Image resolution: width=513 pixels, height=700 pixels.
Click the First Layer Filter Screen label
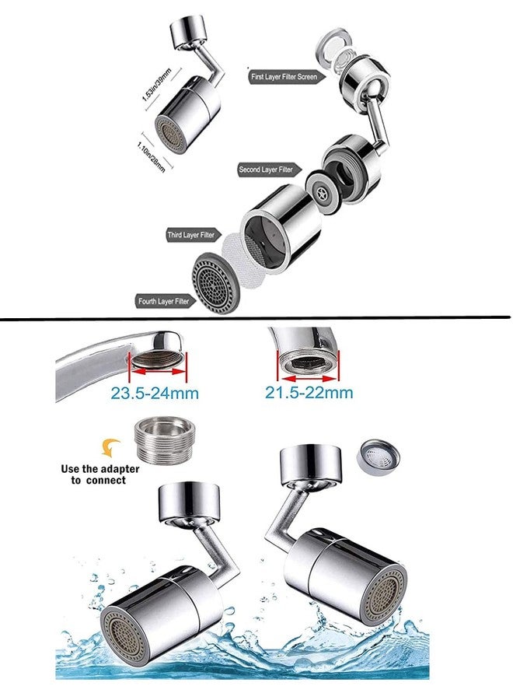(284, 78)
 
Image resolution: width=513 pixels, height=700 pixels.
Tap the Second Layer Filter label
(267, 169)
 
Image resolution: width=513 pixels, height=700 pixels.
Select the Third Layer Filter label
(194, 234)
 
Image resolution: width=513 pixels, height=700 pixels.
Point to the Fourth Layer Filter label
(162, 301)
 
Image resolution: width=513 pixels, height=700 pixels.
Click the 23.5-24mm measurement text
(155, 394)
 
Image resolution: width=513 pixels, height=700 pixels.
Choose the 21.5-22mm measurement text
(309, 394)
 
